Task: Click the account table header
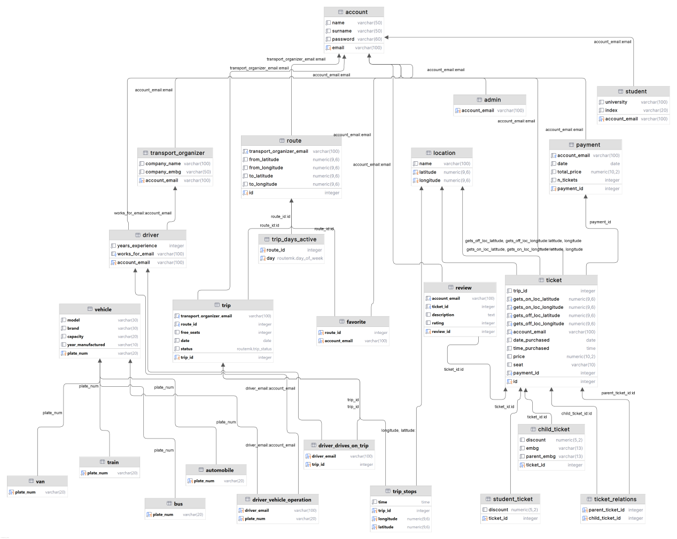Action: pyautogui.click(x=353, y=12)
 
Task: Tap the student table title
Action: pyautogui.click(x=633, y=91)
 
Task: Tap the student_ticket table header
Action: pyautogui.click(x=510, y=499)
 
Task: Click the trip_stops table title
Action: pyautogui.click(x=401, y=491)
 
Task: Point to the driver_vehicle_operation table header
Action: pyautogui.click(x=278, y=499)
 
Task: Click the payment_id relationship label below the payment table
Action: pyautogui.click(x=600, y=222)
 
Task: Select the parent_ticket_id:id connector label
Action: pyautogui.click(x=618, y=393)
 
